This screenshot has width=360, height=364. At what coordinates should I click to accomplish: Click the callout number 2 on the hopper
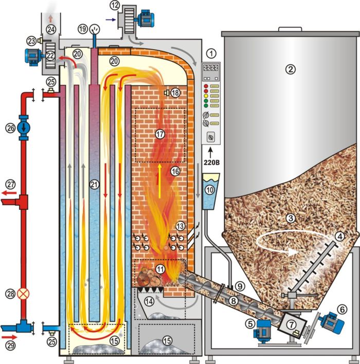tap(291, 69)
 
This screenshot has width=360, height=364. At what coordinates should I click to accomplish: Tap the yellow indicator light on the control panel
tap(206, 96)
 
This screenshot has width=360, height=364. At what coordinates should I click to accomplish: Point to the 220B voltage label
tap(211, 162)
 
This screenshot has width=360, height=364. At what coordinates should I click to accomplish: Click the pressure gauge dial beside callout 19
tap(95, 29)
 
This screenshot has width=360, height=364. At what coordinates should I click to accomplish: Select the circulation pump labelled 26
tap(24, 128)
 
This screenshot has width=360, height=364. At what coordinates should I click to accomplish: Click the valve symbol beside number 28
tap(23, 294)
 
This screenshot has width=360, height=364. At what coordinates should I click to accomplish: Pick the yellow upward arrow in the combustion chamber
tap(159, 181)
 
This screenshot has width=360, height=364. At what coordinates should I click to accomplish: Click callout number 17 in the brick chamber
tap(160, 134)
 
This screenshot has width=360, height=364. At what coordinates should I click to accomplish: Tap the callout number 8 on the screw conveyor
tap(233, 301)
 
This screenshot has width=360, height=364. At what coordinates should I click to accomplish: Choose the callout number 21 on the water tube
tap(94, 185)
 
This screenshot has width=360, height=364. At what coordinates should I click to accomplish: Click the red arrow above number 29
tap(9, 337)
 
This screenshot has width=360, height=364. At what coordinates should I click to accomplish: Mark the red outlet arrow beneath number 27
tap(9, 193)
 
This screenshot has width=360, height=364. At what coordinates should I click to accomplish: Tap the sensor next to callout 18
tap(167, 93)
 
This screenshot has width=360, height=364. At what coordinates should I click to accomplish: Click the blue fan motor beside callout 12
tap(146, 19)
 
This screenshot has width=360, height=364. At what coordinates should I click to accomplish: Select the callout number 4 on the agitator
tap(340, 236)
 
